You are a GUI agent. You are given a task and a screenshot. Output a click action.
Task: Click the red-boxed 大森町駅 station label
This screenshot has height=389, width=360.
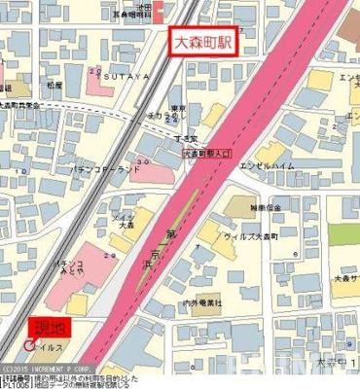coord(205,43)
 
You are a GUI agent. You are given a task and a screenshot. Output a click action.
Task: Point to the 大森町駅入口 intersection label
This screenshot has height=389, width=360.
coord(207,155)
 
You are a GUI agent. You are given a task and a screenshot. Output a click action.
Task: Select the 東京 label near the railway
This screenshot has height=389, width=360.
coord(177,108)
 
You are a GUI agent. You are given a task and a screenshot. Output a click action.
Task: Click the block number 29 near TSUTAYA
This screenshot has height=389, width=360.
coord(94,70)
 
